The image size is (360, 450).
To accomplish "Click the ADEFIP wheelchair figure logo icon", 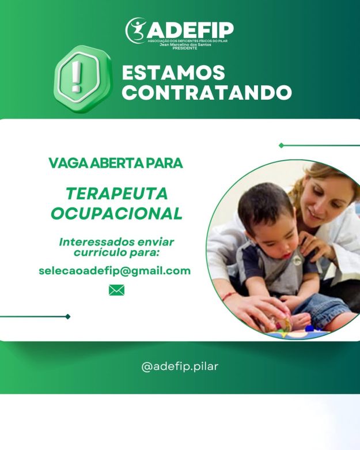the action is [x=136, y=31].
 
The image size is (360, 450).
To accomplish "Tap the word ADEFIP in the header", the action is [x=191, y=30].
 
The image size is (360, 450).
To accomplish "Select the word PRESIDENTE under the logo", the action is [x=185, y=48].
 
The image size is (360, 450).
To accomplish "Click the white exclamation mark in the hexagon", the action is [x=77, y=77].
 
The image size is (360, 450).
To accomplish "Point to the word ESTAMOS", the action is [x=173, y=73].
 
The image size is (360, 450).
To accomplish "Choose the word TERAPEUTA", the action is [x=117, y=194].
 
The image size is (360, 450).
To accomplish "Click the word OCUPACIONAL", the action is [x=117, y=214].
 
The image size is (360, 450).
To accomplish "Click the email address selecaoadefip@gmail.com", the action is [x=115, y=271].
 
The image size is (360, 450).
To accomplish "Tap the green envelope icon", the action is [x=117, y=290].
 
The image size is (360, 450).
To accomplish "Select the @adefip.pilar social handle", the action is [x=180, y=367].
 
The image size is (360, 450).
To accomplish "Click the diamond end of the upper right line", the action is [x=282, y=146].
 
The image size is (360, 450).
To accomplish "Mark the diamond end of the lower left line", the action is [x=68, y=316].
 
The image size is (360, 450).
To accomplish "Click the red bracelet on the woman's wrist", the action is [x=229, y=296].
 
